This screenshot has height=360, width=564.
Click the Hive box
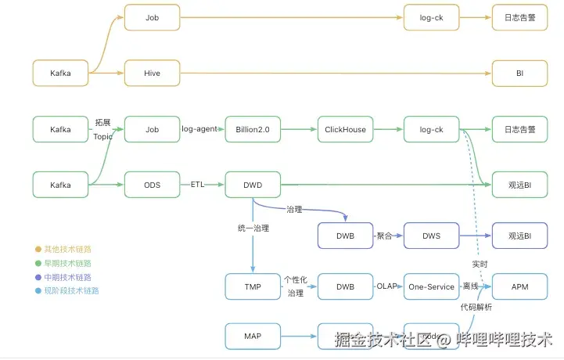click(152, 73)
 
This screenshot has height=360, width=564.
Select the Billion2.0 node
click(252, 129)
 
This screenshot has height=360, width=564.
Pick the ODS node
click(152, 185)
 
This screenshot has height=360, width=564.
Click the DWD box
click(252, 185)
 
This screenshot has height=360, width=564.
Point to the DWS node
click(431, 236)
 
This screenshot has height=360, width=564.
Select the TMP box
click(252, 286)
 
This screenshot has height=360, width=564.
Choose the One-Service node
click(431, 286)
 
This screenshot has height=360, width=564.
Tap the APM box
click(519, 286)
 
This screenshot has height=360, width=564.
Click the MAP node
click(252, 336)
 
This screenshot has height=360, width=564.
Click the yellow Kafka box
click(60, 73)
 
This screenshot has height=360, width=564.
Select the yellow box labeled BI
click(519, 73)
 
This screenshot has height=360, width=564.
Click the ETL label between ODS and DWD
click(199, 185)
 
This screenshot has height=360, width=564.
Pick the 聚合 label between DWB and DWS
click(384, 236)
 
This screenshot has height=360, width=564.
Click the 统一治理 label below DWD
click(252, 228)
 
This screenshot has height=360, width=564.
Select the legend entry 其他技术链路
click(66, 249)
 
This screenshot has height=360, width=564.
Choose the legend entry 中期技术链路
click(66, 277)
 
